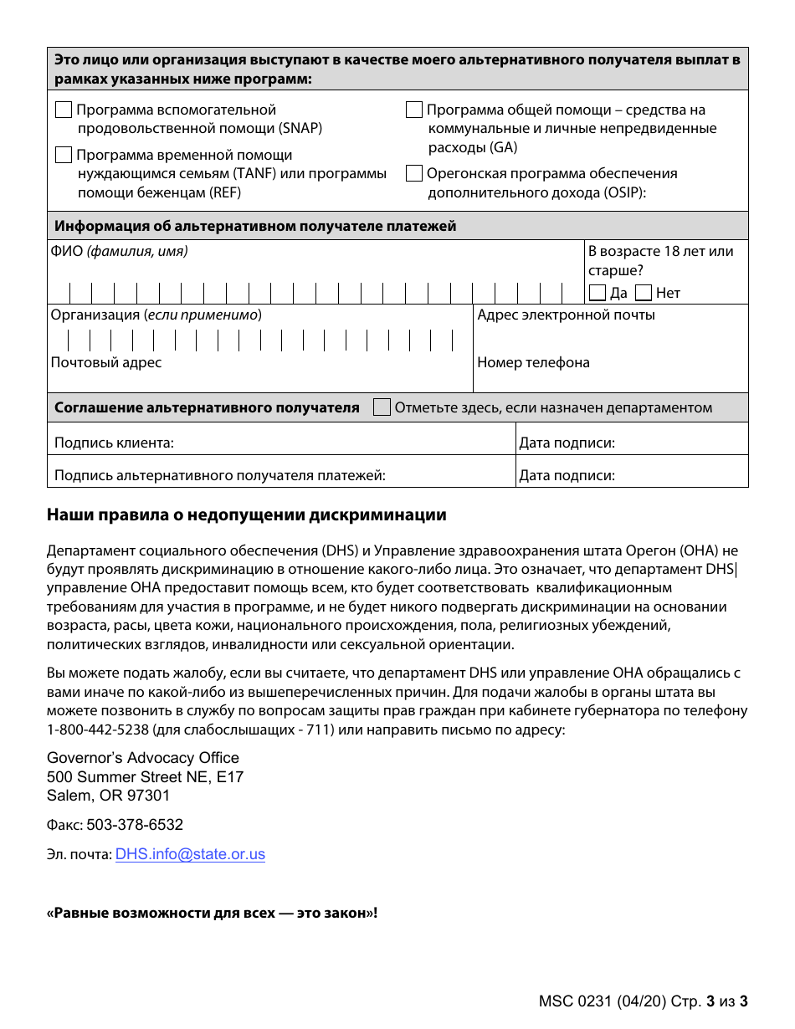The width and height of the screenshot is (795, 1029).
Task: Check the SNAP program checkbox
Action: point(64,110)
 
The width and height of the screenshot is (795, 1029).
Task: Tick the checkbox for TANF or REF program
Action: point(64,155)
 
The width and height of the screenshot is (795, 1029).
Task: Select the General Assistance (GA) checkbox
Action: point(414,110)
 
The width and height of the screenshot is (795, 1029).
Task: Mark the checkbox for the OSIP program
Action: point(414,173)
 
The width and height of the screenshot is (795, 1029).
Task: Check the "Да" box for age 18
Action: point(598,293)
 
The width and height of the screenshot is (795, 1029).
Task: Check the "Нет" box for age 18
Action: point(644,293)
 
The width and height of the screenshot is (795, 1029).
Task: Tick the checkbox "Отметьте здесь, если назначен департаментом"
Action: point(382,407)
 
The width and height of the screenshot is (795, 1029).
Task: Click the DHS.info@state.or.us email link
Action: point(190,854)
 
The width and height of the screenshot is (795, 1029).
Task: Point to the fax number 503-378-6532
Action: point(135,825)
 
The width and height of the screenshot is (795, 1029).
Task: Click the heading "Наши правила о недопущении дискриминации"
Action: point(247,515)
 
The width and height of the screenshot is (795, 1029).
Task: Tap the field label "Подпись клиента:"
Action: point(114,443)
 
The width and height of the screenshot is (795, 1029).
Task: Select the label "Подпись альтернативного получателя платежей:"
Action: point(220,476)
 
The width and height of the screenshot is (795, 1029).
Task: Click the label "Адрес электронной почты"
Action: point(566,315)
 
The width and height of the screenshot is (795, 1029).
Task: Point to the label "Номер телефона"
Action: point(533,362)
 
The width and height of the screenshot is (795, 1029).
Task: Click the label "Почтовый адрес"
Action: point(106,362)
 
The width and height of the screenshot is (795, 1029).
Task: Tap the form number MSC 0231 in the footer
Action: point(575,1001)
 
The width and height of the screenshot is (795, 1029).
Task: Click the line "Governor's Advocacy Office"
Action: point(143,758)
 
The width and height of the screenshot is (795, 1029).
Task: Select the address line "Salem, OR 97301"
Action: point(109,796)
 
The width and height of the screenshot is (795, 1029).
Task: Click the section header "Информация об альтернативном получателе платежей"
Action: point(255,226)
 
